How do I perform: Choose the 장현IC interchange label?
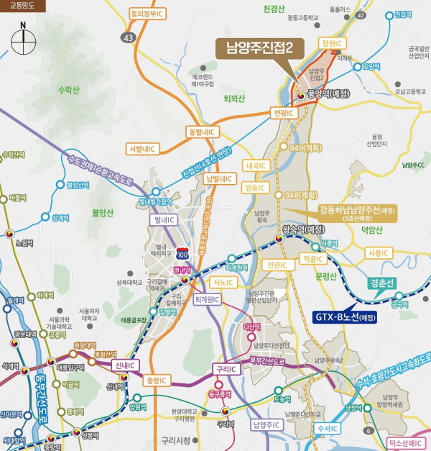330,44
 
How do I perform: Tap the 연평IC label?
281,113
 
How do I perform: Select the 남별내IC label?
220,178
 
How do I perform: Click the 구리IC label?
226,369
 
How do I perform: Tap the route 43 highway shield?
129,37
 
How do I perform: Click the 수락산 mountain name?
70,90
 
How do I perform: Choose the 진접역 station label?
404,14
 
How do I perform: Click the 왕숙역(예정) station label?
302,230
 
